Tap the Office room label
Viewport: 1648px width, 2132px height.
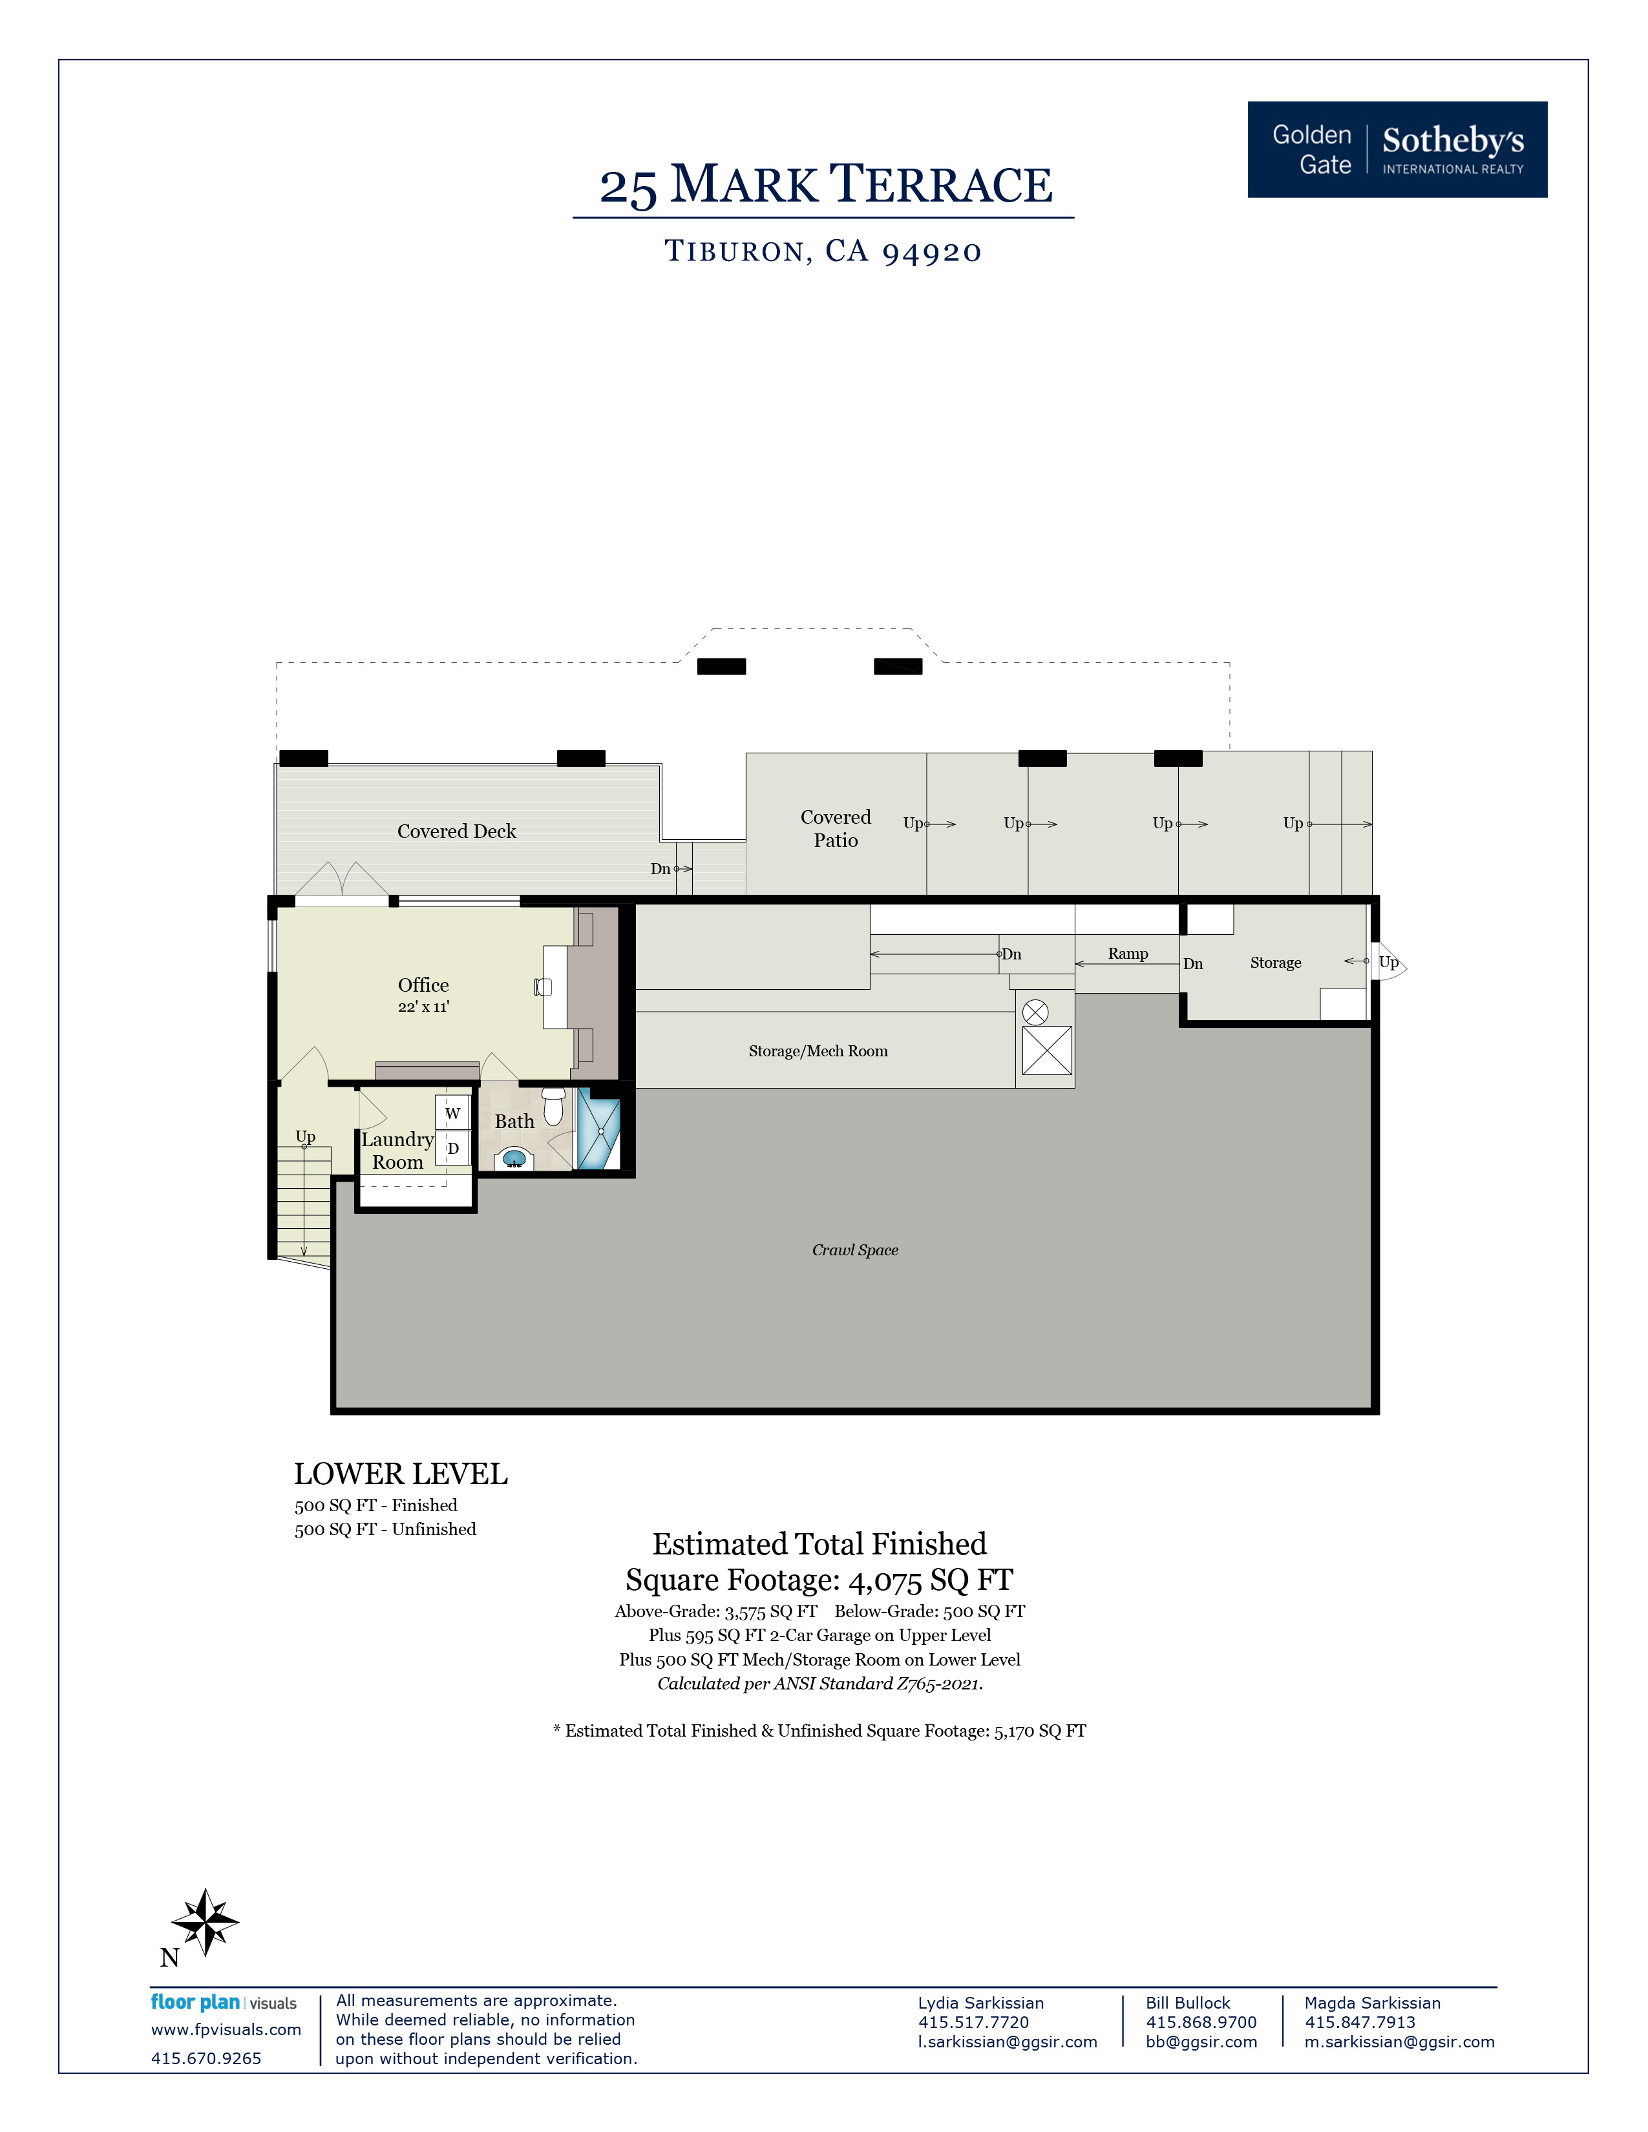(x=423, y=985)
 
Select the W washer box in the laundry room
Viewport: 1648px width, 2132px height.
(x=452, y=1113)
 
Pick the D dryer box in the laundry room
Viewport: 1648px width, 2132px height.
(x=452, y=1148)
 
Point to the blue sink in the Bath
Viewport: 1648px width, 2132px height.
(x=514, y=1160)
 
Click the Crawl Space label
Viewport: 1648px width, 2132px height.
(x=854, y=1251)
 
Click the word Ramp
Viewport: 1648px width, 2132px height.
(x=1128, y=954)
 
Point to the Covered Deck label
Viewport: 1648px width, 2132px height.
(x=456, y=831)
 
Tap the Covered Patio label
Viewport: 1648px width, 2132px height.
(x=836, y=829)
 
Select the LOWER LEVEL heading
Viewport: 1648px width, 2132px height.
(x=400, y=1474)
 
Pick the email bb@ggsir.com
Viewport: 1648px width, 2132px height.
(x=1201, y=2042)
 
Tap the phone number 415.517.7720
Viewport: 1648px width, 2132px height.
(x=973, y=2023)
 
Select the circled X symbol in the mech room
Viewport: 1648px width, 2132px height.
(x=1035, y=1012)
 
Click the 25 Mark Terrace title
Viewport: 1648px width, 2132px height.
(x=825, y=185)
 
